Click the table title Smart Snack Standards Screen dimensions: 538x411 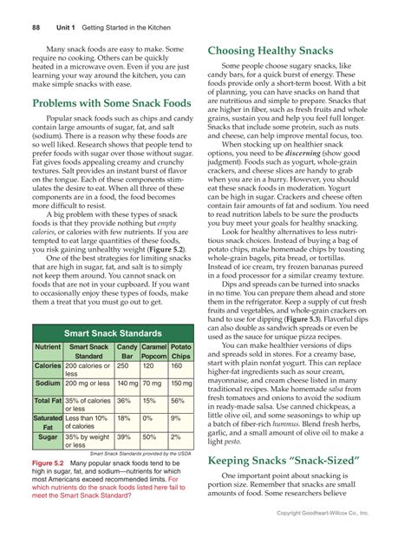pos(112,332)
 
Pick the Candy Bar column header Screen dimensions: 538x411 pos(127,351)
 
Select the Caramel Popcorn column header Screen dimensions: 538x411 pos(153,351)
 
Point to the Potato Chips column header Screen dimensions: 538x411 pos(180,351)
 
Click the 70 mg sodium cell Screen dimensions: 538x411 pos(152,383)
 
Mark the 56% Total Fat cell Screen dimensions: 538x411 pos(178,401)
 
